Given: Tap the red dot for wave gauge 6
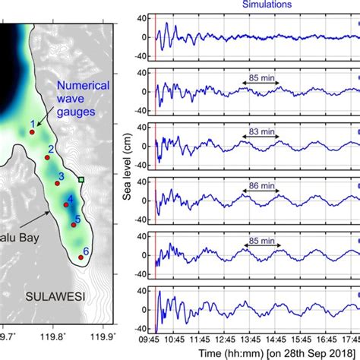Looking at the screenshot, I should tap(81, 257).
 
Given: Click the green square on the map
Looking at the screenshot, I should tap(81, 179).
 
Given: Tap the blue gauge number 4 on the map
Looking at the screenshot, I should tap(70, 198).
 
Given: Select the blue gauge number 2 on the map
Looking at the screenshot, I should tap(50, 149).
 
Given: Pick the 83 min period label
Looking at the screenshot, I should tap(260, 131).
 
